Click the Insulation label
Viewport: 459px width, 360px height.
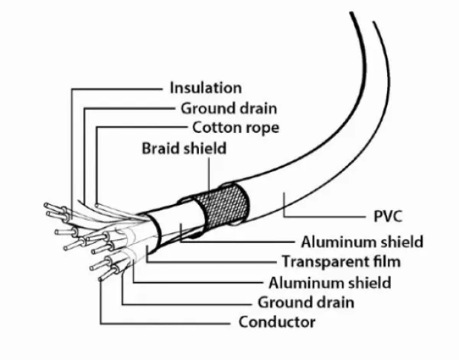[x=205, y=88]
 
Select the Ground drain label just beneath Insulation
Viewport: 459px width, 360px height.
[x=229, y=108]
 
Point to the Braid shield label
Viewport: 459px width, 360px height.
[x=184, y=148]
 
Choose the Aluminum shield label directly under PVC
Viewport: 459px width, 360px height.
[x=362, y=242]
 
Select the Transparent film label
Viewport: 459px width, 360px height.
[x=340, y=261]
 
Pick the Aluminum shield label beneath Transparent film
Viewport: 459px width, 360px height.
[x=330, y=282]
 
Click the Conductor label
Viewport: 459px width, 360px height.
[x=277, y=321]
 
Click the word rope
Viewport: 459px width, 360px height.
[x=262, y=128]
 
